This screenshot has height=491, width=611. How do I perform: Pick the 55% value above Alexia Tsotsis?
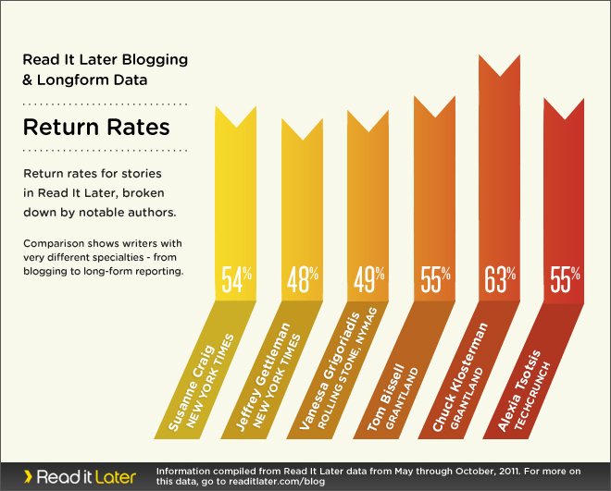click(x=565, y=277)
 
